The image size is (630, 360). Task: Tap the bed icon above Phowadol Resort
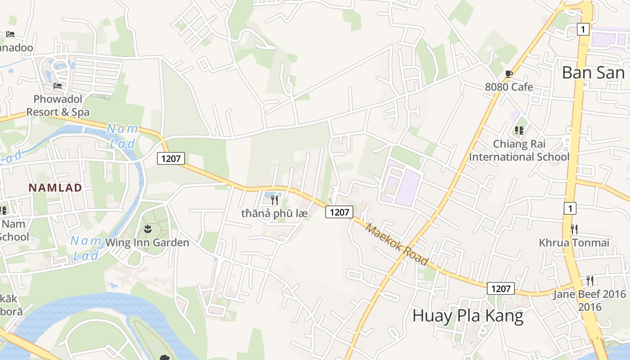58,85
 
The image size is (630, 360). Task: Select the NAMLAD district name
55,188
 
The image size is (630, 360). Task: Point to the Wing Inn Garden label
147,243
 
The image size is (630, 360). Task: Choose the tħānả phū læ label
274,213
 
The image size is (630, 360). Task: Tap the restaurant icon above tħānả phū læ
274,200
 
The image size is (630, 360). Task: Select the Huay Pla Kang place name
468,316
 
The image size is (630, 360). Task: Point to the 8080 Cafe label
509,87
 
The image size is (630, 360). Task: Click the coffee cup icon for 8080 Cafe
509,74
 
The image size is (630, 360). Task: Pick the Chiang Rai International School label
519,150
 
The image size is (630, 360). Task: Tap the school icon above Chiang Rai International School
519,130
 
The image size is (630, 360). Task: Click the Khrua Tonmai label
574,243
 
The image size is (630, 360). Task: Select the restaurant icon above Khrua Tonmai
574,229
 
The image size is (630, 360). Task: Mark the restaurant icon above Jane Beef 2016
589,281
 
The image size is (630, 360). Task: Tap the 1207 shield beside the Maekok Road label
339,212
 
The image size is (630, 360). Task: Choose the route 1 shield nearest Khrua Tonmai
570,208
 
